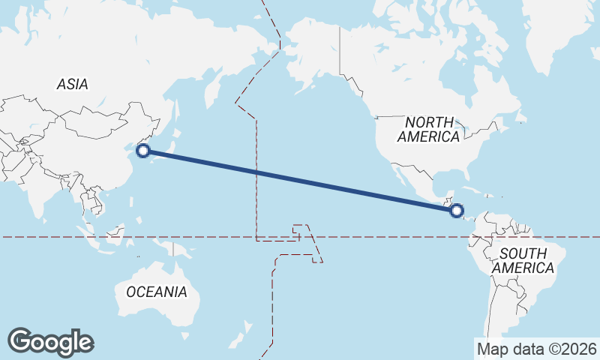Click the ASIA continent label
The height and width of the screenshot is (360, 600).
72,85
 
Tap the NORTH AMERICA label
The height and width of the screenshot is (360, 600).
428,129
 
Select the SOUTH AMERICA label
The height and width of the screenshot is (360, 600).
526,260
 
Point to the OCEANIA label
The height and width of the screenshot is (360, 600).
157,292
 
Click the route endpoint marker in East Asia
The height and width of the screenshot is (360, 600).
143,151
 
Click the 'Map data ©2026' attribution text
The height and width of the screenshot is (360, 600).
536,349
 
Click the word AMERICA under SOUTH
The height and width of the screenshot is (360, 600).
526,268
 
